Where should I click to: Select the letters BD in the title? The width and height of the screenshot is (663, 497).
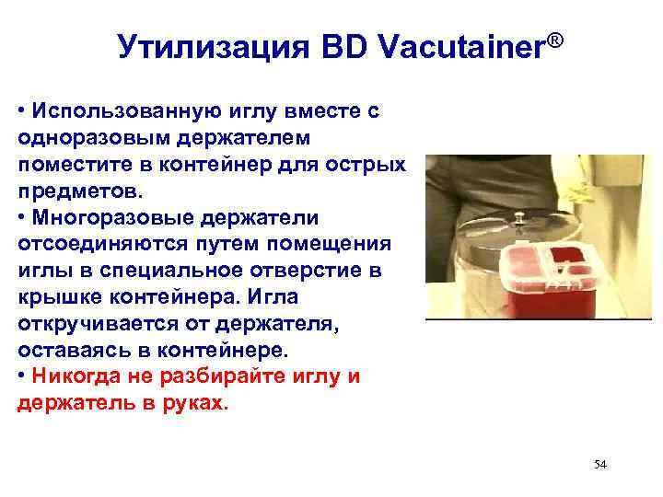[344, 46]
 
